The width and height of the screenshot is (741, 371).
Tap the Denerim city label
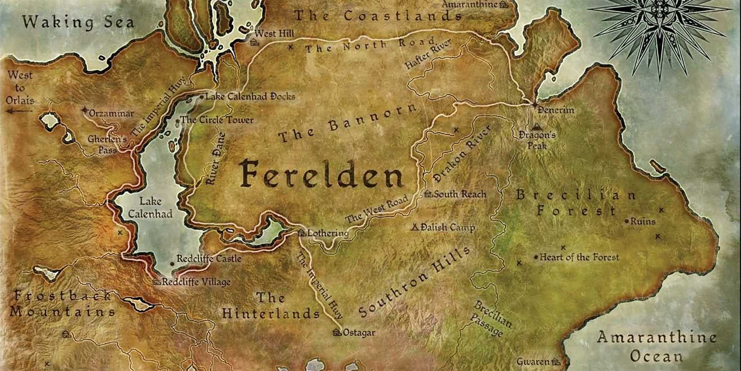pyautogui.click(x=556, y=110)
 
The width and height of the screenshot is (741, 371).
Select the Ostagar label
pyautogui.click(x=358, y=333)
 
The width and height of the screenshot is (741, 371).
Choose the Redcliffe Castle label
pyautogui.click(x=209, y=259)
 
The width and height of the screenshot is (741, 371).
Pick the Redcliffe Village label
pyautogui.click(x=196, y=282)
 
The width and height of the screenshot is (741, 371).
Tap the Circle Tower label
pyautogui.click(x=217, y=120)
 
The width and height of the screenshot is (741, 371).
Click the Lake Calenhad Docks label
pyautogui.click(x=250, y=96)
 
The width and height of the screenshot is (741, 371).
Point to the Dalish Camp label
pyautogui.click(x=447, y=228)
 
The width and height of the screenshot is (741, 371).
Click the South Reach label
pyautogui.click(x=459, y=194)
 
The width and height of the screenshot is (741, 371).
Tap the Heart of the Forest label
pyautogui.click(x=579, y=257)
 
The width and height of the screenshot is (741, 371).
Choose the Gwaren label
pyautogui.click(x=533, y=362)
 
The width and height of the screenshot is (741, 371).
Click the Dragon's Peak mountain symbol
pyautogui.click(x=536, y=127)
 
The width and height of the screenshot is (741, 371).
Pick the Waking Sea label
pyautogui.click(x=78, y=22)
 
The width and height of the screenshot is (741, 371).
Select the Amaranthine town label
pyautogui.click(x=470, y=4)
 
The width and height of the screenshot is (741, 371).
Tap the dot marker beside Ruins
pyautogui.click(x=627, y=221)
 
